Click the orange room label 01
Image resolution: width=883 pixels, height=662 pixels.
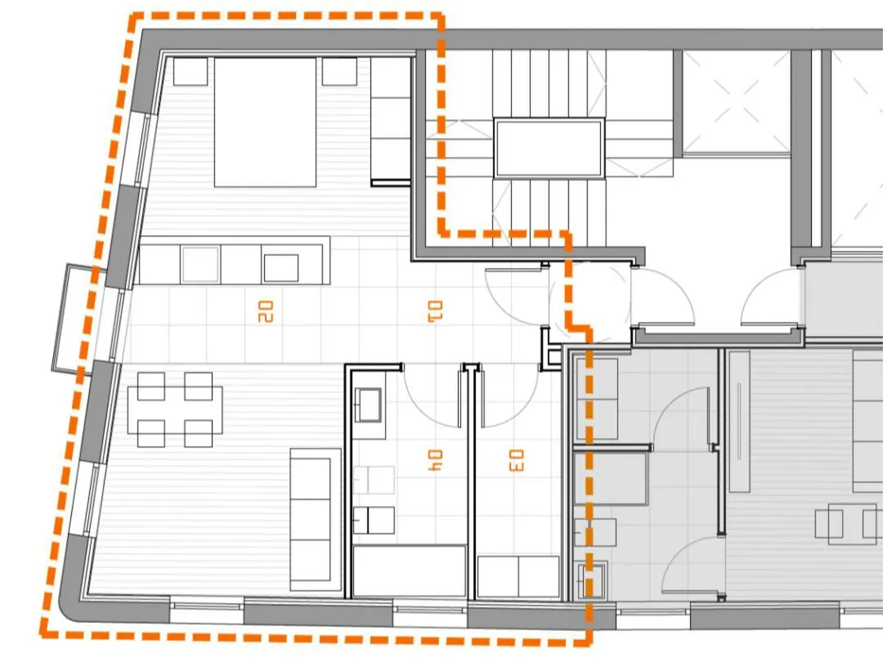tap(435, 311)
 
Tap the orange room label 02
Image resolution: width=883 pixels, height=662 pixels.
tap(265, 311)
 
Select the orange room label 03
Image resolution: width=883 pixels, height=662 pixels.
tap(516, 460)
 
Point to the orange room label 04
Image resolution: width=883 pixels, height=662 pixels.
tap(435, 460)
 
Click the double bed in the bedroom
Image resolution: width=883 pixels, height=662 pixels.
tap(265, 122)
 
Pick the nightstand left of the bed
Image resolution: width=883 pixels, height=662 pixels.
tap(190, 71)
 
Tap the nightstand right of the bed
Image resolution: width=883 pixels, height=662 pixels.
tap(339, 71)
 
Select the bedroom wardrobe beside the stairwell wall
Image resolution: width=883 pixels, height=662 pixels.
tap(390, 122)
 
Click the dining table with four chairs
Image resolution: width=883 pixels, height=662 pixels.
tap(175, 409)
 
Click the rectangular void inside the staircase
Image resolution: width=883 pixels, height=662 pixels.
tap(549, 148)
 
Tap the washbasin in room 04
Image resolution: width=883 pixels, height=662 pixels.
tap(368, 405)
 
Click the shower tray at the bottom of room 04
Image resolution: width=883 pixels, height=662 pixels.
tap(409, 570)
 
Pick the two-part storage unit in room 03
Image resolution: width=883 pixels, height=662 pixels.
tap(518, 577)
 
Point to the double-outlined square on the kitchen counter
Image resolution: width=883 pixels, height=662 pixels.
tap(199, 264)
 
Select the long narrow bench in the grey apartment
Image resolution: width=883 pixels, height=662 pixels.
tap(739, 422)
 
